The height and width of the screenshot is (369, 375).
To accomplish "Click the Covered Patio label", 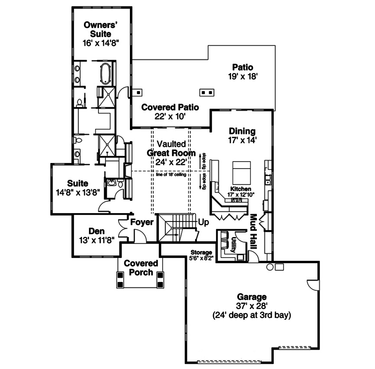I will click(170, 111).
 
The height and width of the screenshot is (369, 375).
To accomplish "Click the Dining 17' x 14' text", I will click(242, 135).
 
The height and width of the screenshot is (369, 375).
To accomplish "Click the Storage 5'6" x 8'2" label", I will click(202, 255).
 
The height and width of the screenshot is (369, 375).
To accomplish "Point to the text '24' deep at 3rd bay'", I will click(251, 316).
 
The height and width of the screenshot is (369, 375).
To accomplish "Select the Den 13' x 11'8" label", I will click(97, 236).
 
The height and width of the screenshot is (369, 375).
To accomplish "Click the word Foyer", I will click(142, 222).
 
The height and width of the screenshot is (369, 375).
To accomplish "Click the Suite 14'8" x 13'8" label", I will click(77, 187).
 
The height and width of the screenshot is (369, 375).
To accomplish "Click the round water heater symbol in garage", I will click(270, 267).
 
